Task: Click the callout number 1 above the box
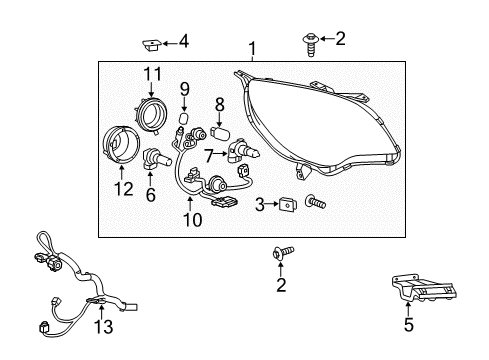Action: coord(253,47)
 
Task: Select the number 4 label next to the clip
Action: coord(183,42)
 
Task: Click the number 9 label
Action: coord(185,92)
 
